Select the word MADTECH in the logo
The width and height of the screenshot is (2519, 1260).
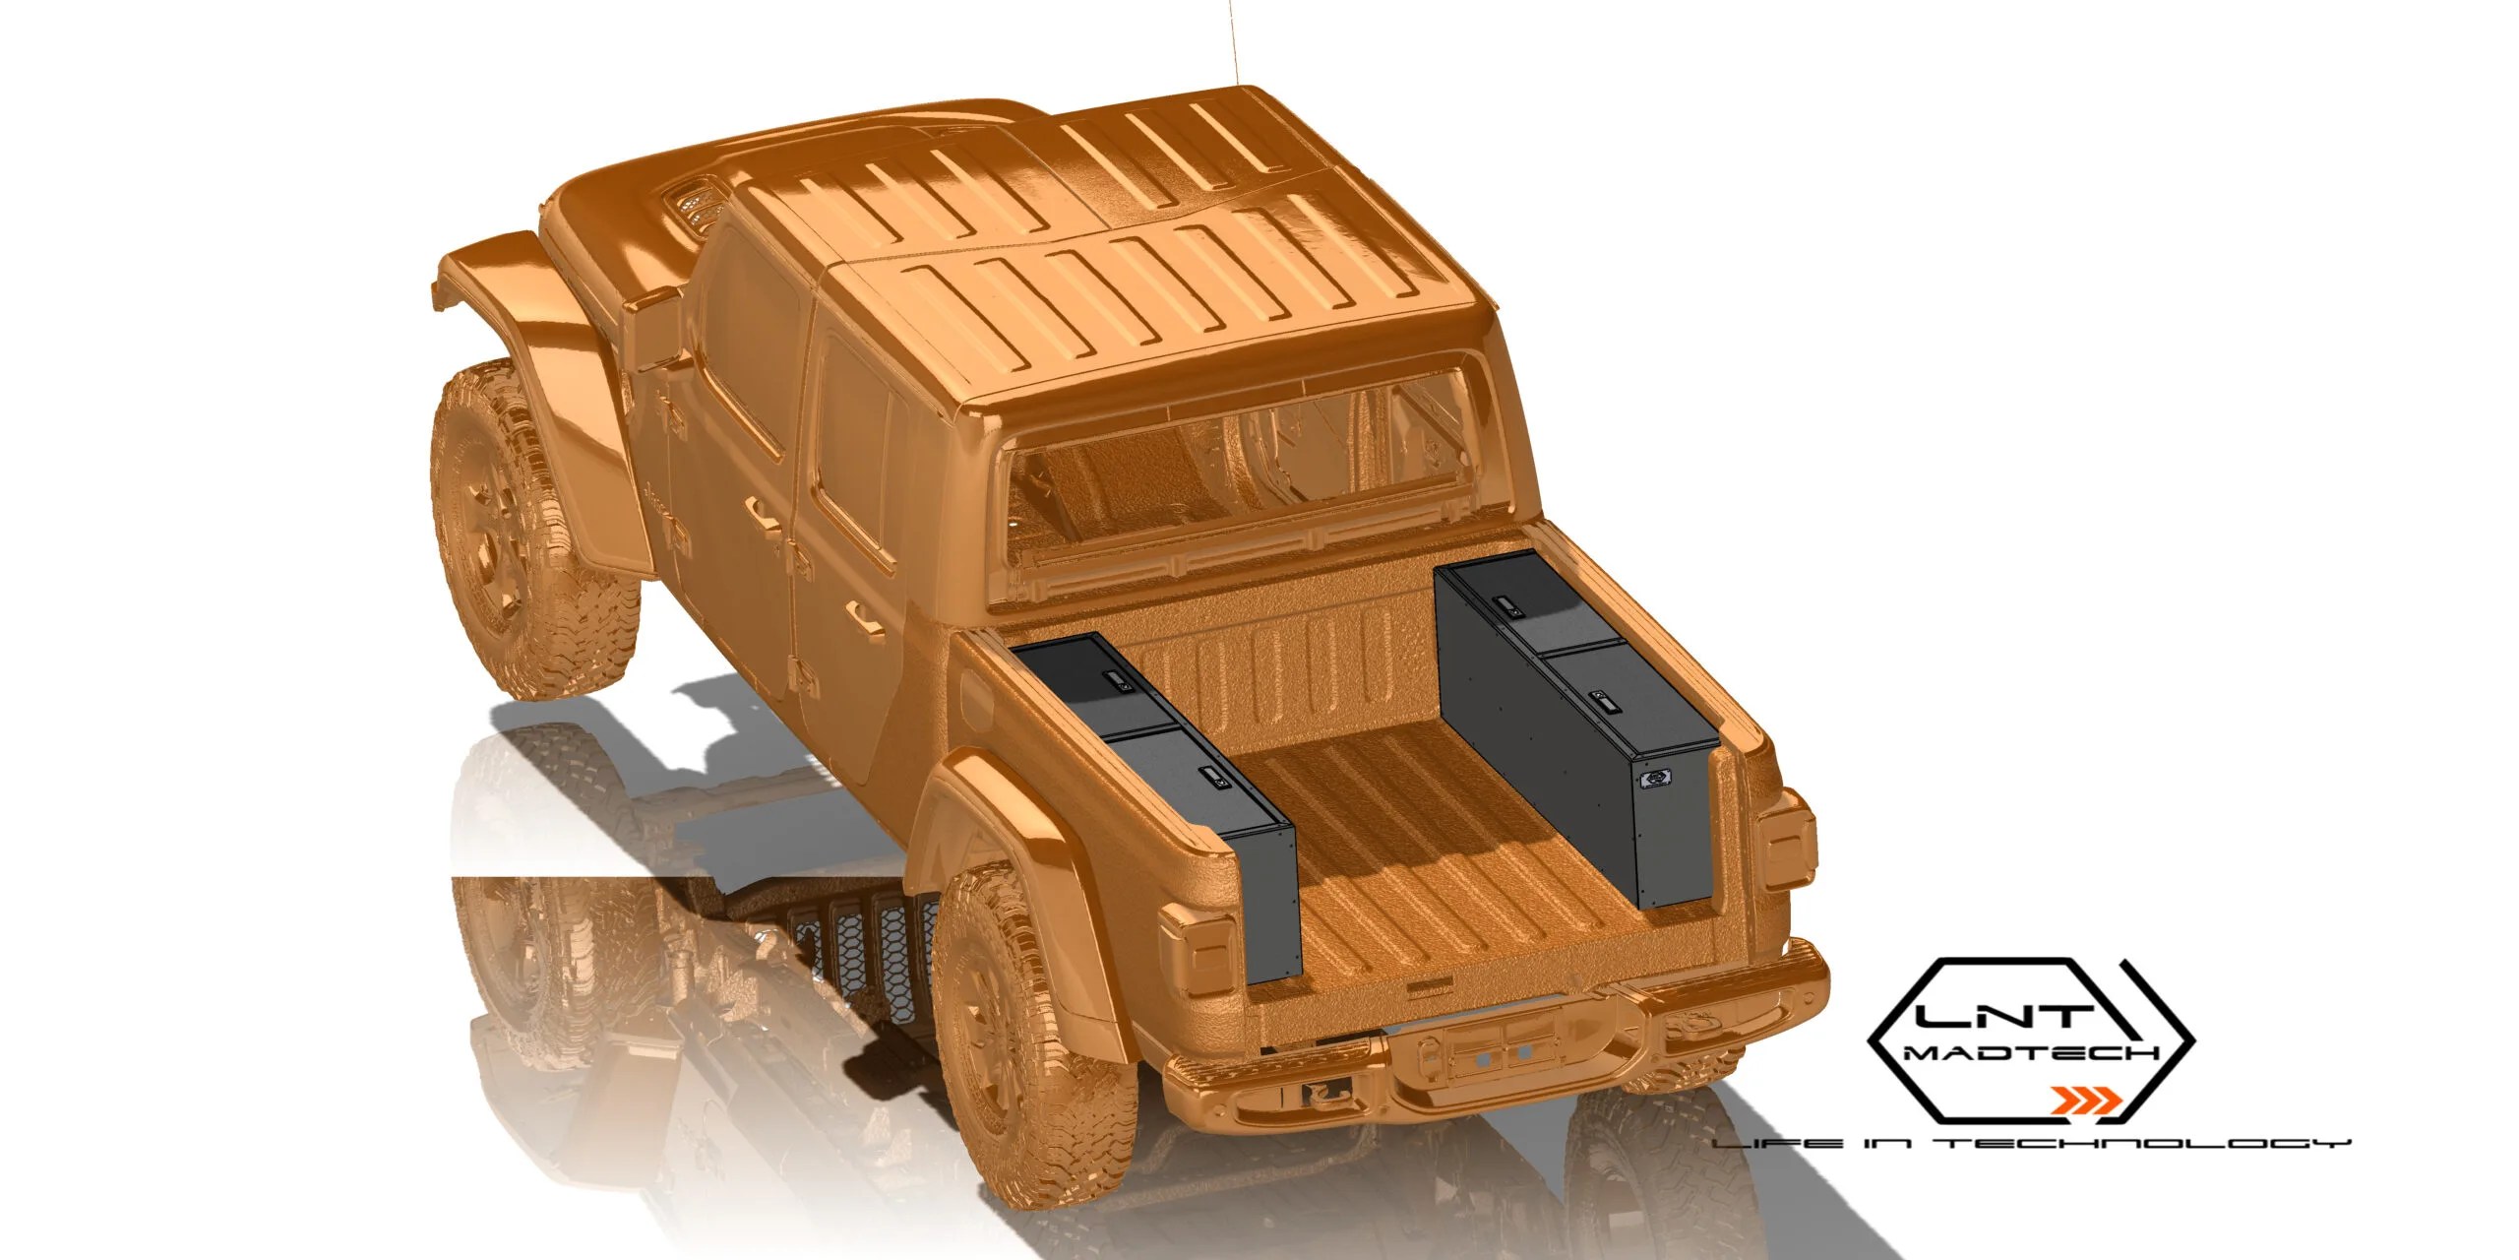point(2032,1053)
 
